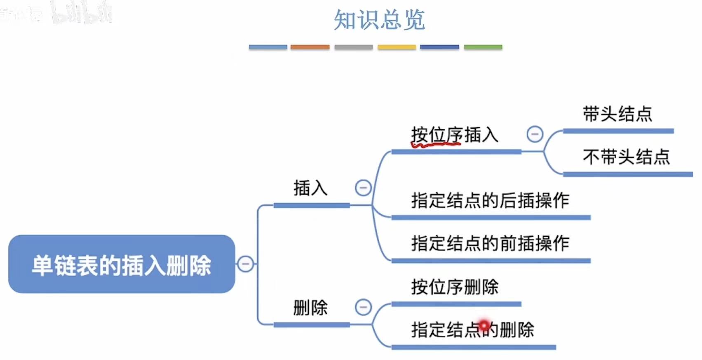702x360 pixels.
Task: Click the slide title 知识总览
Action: (379, 20)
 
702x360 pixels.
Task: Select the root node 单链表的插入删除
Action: (121, 264)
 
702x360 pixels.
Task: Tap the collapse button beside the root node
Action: (246, 264)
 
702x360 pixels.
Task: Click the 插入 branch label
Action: (310, 188)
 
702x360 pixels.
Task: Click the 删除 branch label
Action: (310, 308)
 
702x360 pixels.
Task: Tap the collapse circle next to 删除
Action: (363, 307)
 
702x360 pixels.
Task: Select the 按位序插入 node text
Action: (455, 135)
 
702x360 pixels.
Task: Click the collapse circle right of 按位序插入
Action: (535, 134)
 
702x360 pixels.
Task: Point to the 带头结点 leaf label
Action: (617, 114)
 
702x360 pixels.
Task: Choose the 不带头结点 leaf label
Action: (626, 157)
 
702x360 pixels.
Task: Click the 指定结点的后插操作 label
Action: (490, 201)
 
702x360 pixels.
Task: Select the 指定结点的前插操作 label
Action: (490, 243)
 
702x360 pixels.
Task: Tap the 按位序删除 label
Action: (455, 287)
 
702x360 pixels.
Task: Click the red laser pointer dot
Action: (484, 325)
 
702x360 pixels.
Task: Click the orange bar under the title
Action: (310, 47)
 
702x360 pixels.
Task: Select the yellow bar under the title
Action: (397, 47)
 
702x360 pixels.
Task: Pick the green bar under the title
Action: (483, 47)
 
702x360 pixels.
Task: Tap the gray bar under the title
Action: (353, 47)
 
